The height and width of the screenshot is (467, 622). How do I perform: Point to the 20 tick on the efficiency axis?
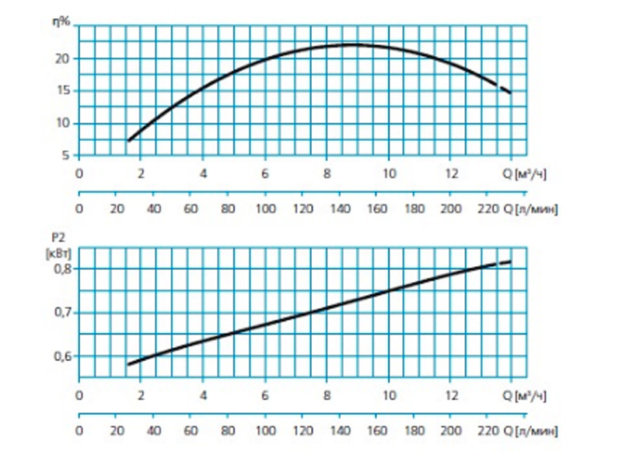tap(64, 58)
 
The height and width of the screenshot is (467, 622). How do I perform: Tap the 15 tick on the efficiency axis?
tap(64, 90)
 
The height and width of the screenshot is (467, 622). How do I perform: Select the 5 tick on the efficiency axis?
tap(65, 155)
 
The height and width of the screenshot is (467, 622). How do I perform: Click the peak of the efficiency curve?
tap(354, 44)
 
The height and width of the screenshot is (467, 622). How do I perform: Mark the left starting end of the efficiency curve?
tap(129, 140)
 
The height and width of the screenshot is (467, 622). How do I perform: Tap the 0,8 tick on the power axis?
tap(61, 269)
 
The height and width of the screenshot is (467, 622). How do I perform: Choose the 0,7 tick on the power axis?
tap(61, 312)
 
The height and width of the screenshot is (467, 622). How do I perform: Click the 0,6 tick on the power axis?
tap(61, 356)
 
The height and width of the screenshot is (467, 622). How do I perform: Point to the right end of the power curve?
tap(510, 262)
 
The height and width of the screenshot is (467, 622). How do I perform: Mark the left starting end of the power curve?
tap(129, 363)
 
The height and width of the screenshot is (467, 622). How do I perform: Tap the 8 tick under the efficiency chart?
tap(327, 174)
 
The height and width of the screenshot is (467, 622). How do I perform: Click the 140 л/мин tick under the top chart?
tap(340, 209)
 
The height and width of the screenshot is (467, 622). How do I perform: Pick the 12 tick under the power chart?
tap(451, 395)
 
